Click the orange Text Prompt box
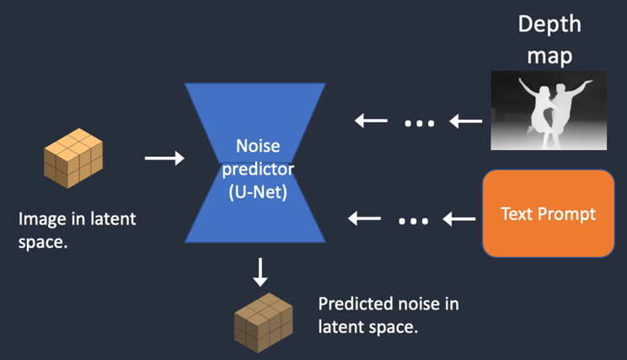pos(548,213)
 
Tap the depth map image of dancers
pos(549,110)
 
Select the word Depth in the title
pos(549,24)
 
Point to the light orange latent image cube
pos(73,157)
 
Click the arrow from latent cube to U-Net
pos(164,158)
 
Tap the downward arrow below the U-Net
pos(260,271)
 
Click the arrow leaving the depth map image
pos(466,121)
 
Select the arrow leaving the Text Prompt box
pos(459,220)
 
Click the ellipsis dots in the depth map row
pos(419,123)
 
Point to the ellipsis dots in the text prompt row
pos(412,221)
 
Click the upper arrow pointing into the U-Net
pos(371,121)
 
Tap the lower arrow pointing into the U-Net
pos(364,220)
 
